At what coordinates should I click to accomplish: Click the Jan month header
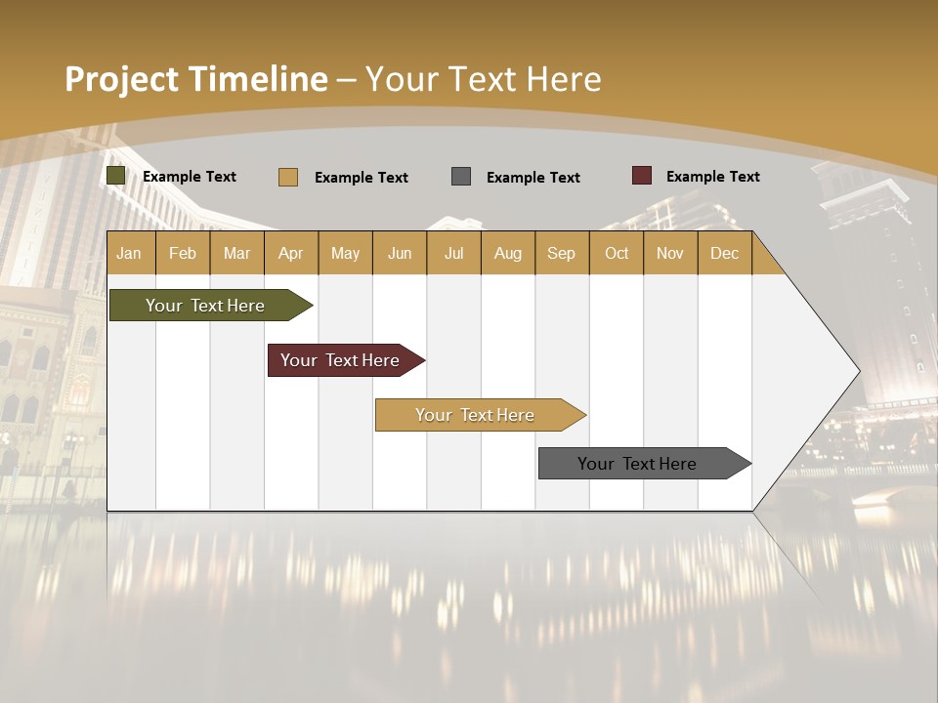(129, 253)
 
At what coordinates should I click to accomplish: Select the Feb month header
(183, 253)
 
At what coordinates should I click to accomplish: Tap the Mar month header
(236, 253)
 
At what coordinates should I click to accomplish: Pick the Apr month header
(290, 253)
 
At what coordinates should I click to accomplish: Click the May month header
(345, 253)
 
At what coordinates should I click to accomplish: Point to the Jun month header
(400, 253)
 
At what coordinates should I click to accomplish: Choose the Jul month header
(453, 253)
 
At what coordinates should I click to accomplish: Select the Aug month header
(507, 253)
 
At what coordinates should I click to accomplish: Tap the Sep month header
(561, 253)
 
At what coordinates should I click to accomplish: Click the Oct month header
(617, 253)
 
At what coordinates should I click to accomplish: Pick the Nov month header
(670, 253)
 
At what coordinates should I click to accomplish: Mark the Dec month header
(724, 253)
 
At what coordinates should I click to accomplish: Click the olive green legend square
(116, 176)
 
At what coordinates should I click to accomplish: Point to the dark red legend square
(641, 176)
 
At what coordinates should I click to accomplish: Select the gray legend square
(461, 176)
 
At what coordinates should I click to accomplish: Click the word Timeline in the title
(259, 79)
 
